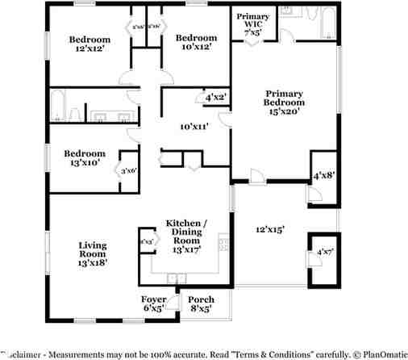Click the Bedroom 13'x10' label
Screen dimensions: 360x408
tap(85, 158)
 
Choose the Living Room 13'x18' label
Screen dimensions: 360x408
tap(92, 253)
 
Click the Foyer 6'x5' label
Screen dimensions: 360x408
tap(154, 303)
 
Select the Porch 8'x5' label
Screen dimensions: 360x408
tap(201, 303)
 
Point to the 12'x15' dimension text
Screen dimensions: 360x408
tap(269, 229)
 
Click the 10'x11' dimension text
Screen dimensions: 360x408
tap(194, 127)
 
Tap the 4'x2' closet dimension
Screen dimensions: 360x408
tap(215, 98)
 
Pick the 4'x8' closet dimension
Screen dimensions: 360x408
tap(323, 175)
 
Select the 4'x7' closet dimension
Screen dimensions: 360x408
tap(324, 253)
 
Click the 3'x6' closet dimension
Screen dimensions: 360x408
tap(128, 170)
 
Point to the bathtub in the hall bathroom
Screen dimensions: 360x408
tap(57, 105)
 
